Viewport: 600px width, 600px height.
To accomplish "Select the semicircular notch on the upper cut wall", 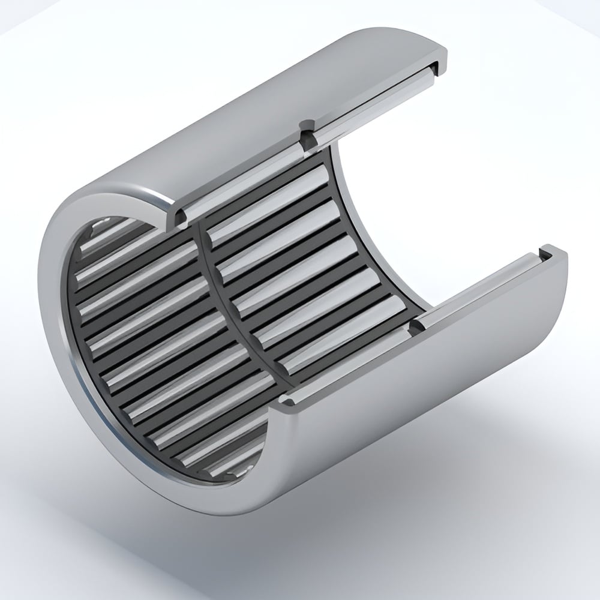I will point(308,133).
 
